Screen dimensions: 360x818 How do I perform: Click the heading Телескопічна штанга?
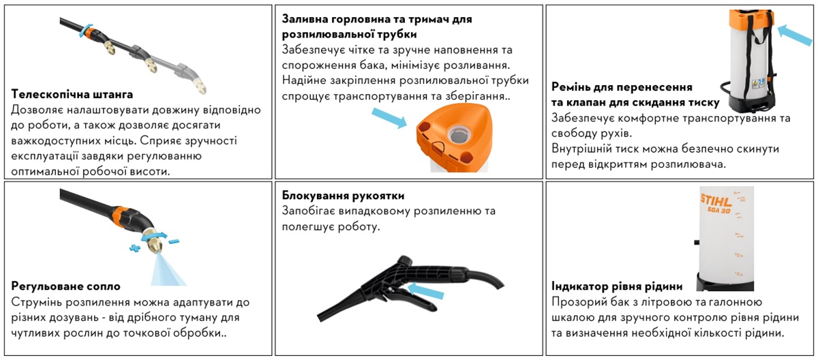click(x=72, y=94)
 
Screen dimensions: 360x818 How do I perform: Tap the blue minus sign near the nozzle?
click(x=174, y=241)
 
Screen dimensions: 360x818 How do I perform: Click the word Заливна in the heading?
click(x=304, y=19)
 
